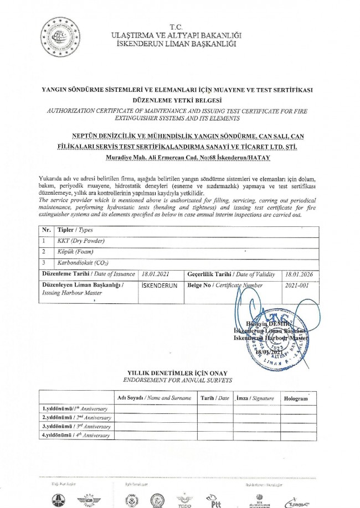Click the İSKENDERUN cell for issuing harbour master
[160, 285]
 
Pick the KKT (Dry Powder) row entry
[81, 241]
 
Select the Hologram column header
[296, 398]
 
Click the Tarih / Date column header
[215, 398]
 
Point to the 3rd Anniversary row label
[77, 426]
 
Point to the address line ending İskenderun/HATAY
[181, 158]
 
